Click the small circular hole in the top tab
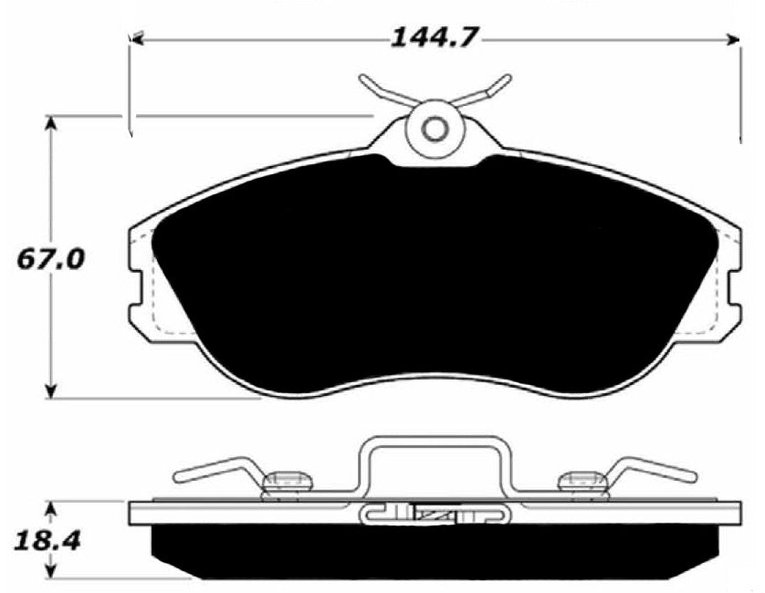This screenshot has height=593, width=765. [435, 129]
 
